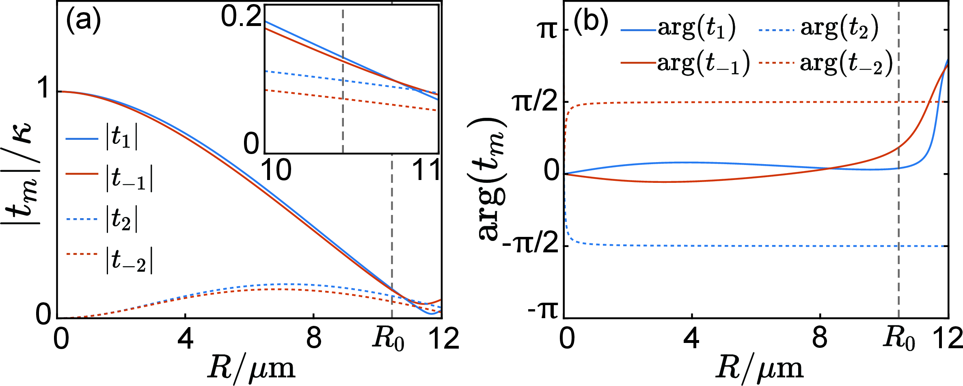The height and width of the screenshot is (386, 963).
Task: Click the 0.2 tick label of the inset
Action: [x=241, y=17]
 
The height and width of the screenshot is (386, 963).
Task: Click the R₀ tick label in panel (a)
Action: [x=388, y=339]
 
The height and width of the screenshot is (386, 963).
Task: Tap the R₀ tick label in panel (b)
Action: [x=899, y=339]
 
